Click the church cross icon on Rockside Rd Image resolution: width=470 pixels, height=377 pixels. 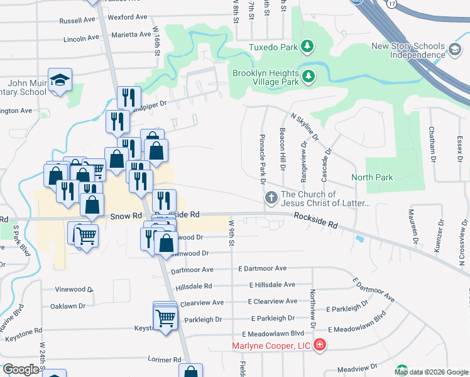pos(271,198)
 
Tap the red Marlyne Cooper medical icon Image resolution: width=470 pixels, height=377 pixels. pos(320,345)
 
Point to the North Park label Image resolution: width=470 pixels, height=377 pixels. pos(372,177)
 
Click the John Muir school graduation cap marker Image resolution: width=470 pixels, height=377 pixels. pos(60,79)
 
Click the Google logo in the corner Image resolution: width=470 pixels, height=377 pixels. pos(21,369)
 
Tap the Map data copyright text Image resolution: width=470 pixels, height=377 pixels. pos(430,372)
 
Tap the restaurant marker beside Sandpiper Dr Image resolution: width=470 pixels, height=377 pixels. pos(126,97)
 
